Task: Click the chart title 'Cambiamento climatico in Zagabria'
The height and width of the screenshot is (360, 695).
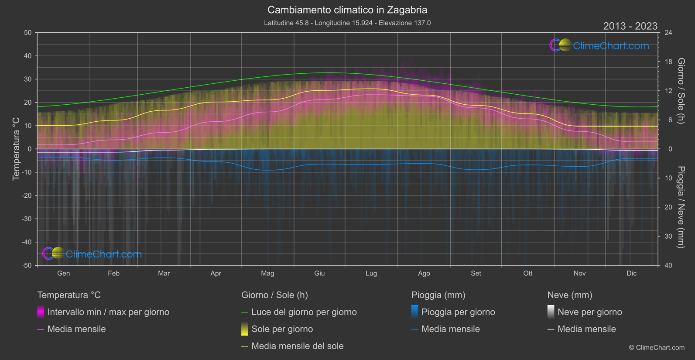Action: click(x=347, y=10)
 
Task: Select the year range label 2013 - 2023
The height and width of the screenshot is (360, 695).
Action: click(x=630, y=26)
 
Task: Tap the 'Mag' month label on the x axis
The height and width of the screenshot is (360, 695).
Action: click(x=267, y=273)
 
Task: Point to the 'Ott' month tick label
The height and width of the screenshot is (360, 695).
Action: click(x=528, y=273)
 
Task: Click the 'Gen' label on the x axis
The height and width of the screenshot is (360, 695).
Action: click(x=63, y=273)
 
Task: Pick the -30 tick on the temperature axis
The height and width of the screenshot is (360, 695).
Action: click(x=27, y=219)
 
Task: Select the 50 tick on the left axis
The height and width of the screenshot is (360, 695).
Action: click(x=28, y=33)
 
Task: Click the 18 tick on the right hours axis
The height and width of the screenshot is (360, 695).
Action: click(x=668, y=62)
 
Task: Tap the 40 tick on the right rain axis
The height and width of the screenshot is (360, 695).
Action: click(x=668, y=265)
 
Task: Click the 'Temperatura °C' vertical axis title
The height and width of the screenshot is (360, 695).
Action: click(x=16, y=148)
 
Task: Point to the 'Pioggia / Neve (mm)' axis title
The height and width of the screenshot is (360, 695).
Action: click(x=681, y=207)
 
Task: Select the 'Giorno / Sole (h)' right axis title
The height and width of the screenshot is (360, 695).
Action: click(x=681, y=91)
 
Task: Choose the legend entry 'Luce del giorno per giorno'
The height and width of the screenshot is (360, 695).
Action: click(x=304, y=312)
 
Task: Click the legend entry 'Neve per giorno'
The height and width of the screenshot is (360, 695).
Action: click(x=589, y=312)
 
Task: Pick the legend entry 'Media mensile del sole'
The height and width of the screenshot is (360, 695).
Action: click(x=298, y=346)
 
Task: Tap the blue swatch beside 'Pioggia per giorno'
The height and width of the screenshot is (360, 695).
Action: click(x=415, y=312)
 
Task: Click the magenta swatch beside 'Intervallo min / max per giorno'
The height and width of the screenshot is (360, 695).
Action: click(x=41, y=312)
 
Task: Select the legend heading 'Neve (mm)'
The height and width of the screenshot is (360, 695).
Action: click(x=570, y=295)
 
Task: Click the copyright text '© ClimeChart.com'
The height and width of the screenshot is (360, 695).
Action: click(x=657, y=347)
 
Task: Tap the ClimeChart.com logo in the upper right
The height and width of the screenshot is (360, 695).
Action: click(x=599, y=45)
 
